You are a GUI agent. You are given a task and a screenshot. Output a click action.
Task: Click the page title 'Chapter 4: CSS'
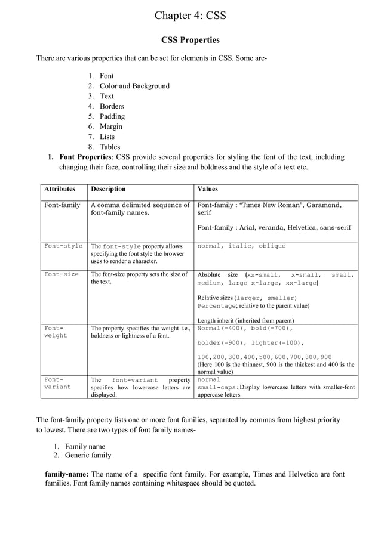(x=190, y=16)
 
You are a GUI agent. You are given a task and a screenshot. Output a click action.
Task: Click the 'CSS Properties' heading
(x=190, y=40)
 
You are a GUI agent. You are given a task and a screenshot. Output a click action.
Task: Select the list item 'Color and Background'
(x=134, y=86)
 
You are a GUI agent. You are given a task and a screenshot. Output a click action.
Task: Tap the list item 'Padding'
(x=112, y=116)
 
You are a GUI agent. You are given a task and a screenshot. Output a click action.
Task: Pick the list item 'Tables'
(x=110, y=147)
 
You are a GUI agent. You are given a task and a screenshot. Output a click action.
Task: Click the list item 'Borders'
(x=112, y=106)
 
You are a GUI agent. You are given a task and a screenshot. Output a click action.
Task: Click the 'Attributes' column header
(x=60, y=189)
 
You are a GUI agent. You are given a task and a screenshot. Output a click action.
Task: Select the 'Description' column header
(x=108, y=189)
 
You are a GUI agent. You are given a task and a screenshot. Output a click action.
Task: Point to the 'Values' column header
(x=207, y=189)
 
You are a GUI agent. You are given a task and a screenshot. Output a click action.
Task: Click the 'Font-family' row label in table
(x=62, y=205)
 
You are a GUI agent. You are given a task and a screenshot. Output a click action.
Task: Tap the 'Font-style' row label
(x=63, y=246)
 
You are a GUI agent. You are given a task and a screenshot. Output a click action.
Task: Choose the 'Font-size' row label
(x=62, y=274)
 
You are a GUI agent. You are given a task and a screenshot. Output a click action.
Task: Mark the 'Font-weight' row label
(x=57, y=332)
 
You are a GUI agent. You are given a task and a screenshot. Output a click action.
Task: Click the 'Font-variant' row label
(x=58, y=383)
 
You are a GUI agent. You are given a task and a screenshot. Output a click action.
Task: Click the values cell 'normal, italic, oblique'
(x=241, y=246)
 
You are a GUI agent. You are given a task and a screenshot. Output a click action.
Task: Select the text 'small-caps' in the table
(x=217, y=387)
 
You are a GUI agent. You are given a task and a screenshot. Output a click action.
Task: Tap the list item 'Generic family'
(x=88, y=455)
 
